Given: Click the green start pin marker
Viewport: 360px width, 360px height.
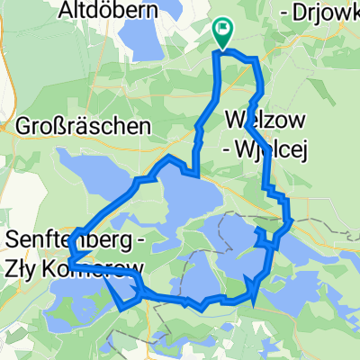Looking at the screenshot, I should point(222,32).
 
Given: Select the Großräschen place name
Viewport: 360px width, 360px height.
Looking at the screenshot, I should point(83,128).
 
